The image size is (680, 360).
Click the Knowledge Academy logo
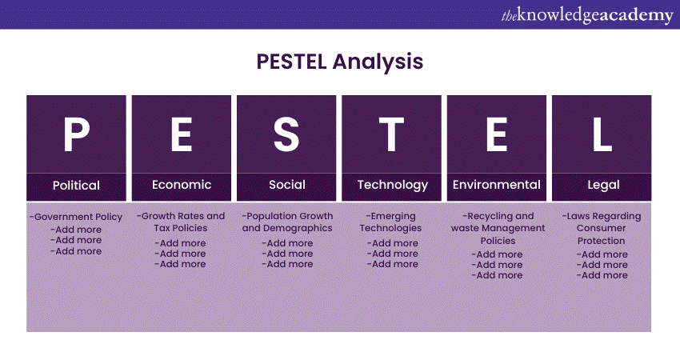(x=586, y=14)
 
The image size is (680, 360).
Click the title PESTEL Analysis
(x=339, y=62)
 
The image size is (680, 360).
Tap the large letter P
(x=76, y=134)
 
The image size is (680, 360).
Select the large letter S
(x=286, y=134)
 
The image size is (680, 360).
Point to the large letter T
(x=392, y=134)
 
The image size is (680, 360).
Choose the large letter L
(x=602, y=134)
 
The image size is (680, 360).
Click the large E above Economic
(x=182, y=134)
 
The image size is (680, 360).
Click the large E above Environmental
(x=497, y=134)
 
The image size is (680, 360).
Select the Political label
(x=76, y=185)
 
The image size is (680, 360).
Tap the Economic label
(x=182, y=185)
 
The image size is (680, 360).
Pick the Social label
(x=286, y=185)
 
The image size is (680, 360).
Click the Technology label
(x=392, y=185)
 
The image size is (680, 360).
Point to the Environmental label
(x=497, y=185)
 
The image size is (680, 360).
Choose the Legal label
(x=602, y=185)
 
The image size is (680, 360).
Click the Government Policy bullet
(x=76, y=217)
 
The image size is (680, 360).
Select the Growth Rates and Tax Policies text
(x=182, y=222)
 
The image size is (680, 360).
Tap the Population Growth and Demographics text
(x=287, y=222)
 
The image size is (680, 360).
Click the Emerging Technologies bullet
(x=391, y=222)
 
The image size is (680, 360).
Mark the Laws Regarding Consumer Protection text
(x=602, y=228)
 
